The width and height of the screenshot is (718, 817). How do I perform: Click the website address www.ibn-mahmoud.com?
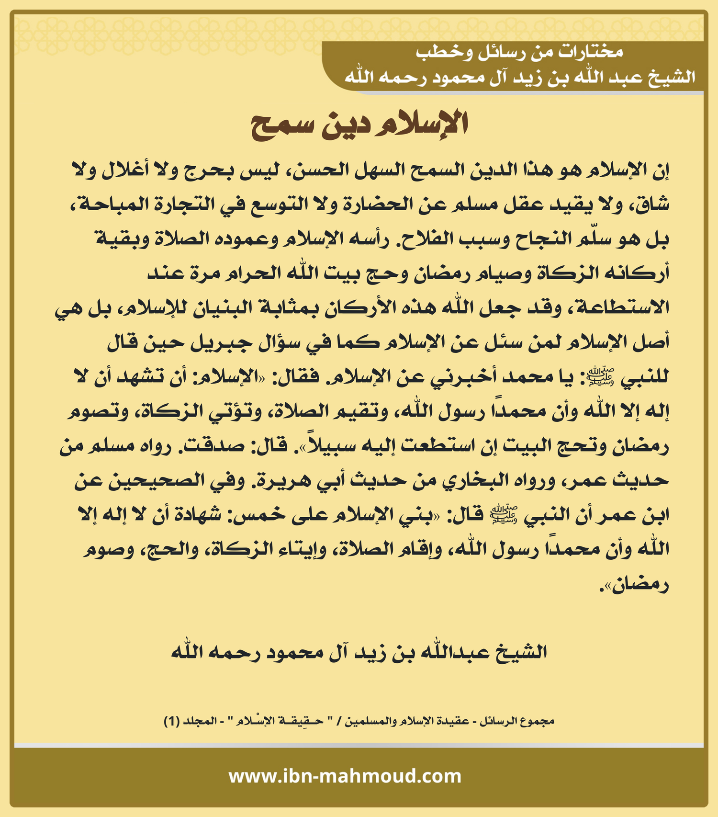(345, 776)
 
